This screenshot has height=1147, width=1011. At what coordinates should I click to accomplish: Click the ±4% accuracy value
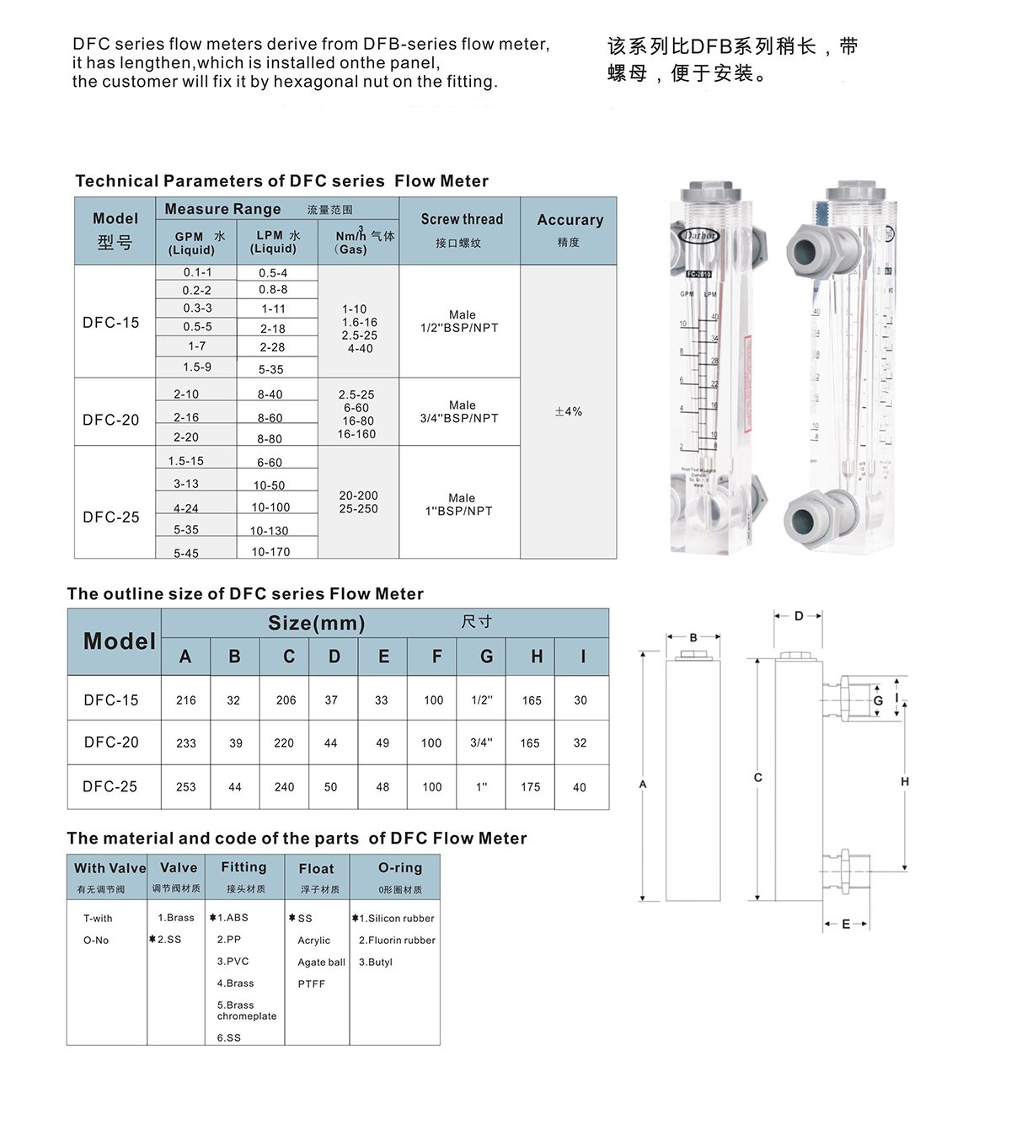click(569, 412)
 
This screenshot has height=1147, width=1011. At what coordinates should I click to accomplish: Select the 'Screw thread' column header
click(462, 220)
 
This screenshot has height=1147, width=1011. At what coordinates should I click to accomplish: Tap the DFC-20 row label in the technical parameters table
click(111, 420)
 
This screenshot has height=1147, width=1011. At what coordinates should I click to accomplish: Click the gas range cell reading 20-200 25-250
click(358, 502)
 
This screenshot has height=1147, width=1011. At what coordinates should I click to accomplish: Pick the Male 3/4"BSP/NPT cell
click(460, 411)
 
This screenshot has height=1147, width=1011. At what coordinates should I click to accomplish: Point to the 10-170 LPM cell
click(270, 552)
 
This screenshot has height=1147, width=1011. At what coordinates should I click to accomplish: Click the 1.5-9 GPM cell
click(197, 367)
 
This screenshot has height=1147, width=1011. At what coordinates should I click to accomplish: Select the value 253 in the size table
click(186, 787)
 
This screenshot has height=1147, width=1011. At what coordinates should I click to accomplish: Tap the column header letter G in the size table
click(486, 657)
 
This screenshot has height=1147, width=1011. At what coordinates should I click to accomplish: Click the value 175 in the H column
click(531, 787)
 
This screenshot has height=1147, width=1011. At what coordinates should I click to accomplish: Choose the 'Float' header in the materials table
click(317, 869)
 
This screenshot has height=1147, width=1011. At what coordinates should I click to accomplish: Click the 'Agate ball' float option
click(321, 962)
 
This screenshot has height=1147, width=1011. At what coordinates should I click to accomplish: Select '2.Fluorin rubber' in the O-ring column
click(397, 941)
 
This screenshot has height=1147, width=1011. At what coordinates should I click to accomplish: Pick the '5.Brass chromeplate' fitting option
click(246, 1010)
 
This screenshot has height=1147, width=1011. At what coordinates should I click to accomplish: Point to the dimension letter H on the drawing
click(905, 782)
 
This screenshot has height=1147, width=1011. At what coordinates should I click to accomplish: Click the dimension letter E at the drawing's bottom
click(846, 925)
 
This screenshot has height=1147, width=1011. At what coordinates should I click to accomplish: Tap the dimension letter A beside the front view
click(643, 785)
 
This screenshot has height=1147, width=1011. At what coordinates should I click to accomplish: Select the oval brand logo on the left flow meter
click(700, 236)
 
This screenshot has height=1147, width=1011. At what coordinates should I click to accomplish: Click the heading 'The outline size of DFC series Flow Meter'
click(245, 594)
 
